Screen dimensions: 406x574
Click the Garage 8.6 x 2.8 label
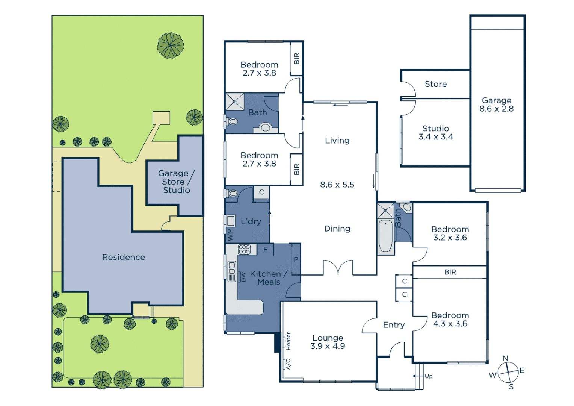pyautogui.click(x=496, y=105)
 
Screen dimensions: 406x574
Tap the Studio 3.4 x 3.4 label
pyautogui.click(x=435, y=133)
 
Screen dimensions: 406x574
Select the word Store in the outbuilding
pyautogui.click(x=435, y=84)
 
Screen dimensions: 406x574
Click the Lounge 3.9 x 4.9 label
pyautogui.click(x=328, y=342)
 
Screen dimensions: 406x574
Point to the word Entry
pyautogui.click(x=394, y=325)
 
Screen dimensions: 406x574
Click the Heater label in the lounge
pyautogui.click(x=288, y=341)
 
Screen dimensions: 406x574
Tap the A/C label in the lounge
pyautogui.click(x=288, y=364)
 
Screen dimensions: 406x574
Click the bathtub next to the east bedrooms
pyautogui.click(x=385, y=236)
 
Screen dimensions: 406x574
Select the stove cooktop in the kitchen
pyautogui.click(x=244, y=249)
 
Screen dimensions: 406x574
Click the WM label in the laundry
pyautogui.click(x=230, y=235)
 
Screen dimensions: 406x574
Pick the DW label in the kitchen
pyautogui.click(x=243, y=277)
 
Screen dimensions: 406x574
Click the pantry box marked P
pyautogui.click(x=296, y=259)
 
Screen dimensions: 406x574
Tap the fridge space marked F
pyautogui.click(x=265, y=249)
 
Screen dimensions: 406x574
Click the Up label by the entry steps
pyautogui.click(x=429, y=376)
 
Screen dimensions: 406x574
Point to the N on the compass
pyautogui.click(x=505, y=358)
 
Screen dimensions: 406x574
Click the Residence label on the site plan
pyautogui.click(x=123, y=257)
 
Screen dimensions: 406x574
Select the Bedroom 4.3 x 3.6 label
pyautogui.click(x=450, y=320)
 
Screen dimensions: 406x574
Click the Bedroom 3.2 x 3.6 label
pyautogui.click(x=450, y=233)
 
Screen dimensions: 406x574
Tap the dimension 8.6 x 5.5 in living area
pyautogui.click(x=337, y=185)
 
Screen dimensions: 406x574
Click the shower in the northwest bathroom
pyautogui.click(x=235, y=101)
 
